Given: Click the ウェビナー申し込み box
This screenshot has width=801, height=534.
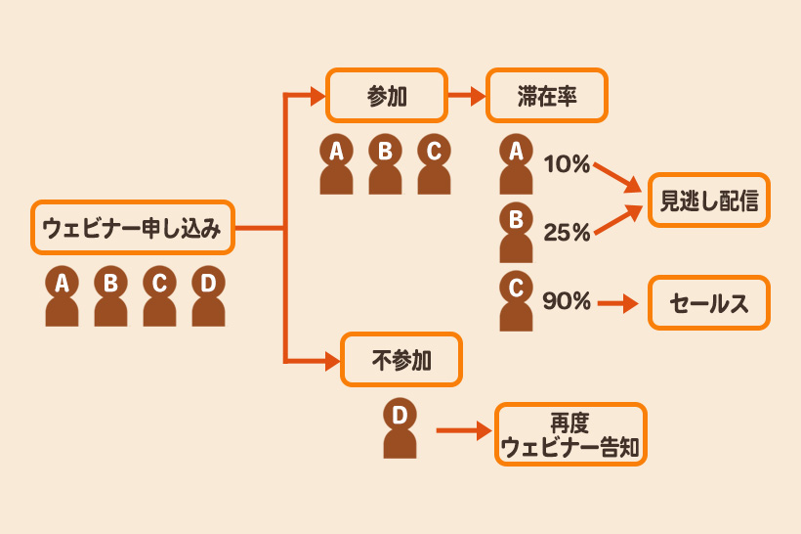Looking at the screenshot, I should tap(133, 229).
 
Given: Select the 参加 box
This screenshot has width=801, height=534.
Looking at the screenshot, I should tap(386, 95).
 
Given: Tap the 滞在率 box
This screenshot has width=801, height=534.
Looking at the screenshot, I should tap(546, 95).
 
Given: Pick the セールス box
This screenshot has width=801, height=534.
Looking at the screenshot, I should tap(709, 303).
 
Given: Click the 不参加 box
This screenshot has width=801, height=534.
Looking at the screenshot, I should tap(400, 360).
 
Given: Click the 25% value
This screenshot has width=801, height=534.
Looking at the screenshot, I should tap(567, 233).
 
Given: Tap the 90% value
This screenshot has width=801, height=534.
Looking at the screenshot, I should tap(567, 302).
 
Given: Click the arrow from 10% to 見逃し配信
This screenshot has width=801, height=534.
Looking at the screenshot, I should tap(617, 175).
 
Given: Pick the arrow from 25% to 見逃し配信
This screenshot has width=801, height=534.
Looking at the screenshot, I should tap(617, 219).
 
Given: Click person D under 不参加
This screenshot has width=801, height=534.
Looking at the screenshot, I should tap(400, 428).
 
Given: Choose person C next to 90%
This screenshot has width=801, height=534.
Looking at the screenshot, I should tap(516, 302).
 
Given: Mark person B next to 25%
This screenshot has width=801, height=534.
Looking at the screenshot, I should tap(516, 233).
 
